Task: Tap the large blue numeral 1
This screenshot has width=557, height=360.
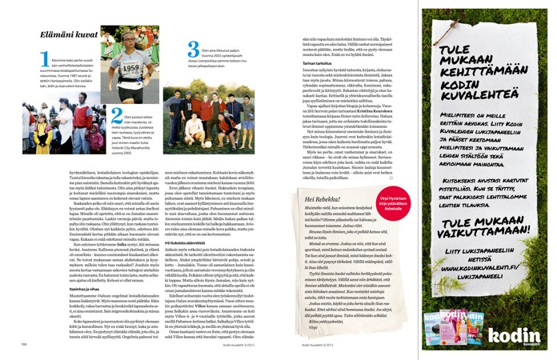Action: point(44,58)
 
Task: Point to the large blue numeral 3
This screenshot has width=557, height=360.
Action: point(193,50)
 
